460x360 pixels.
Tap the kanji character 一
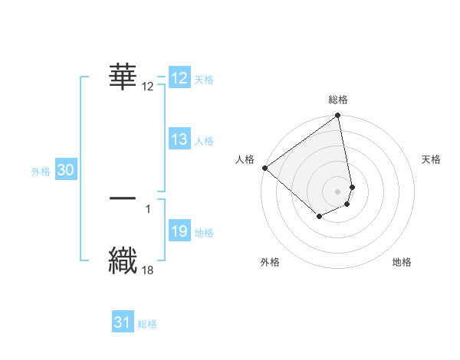tap(123, 198)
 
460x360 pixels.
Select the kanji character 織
tap(123, 259)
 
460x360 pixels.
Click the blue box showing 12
tap(179, 78)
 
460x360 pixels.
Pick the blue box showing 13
tap(179, 139)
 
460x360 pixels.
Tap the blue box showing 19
tap(179, 231)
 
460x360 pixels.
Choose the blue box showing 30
tap(66, 171)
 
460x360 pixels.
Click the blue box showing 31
tap(123, 322)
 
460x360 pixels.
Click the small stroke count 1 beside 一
tap(147, 208)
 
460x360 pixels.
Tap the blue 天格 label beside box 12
tap(204, 80)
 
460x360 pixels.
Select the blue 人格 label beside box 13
tap(204, 141)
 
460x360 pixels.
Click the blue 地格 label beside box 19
tap(204, 233)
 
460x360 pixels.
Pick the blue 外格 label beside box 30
tap(41, 172)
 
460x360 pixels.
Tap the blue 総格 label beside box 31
tap(147, 324)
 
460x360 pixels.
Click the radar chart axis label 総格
tap(338, 100)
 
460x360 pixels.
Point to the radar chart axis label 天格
tap(432, 159)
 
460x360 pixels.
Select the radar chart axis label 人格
tap(245, 159)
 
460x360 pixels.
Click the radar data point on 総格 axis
tap(338, 116)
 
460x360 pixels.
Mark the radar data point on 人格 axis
tap(264, 168)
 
